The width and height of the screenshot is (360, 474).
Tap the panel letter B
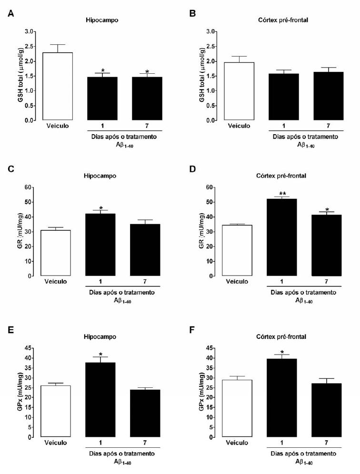(192, 14)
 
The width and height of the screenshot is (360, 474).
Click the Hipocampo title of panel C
(101, 175)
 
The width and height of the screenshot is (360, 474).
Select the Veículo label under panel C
(56, 282)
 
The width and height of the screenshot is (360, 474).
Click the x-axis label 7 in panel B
(328, 126)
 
